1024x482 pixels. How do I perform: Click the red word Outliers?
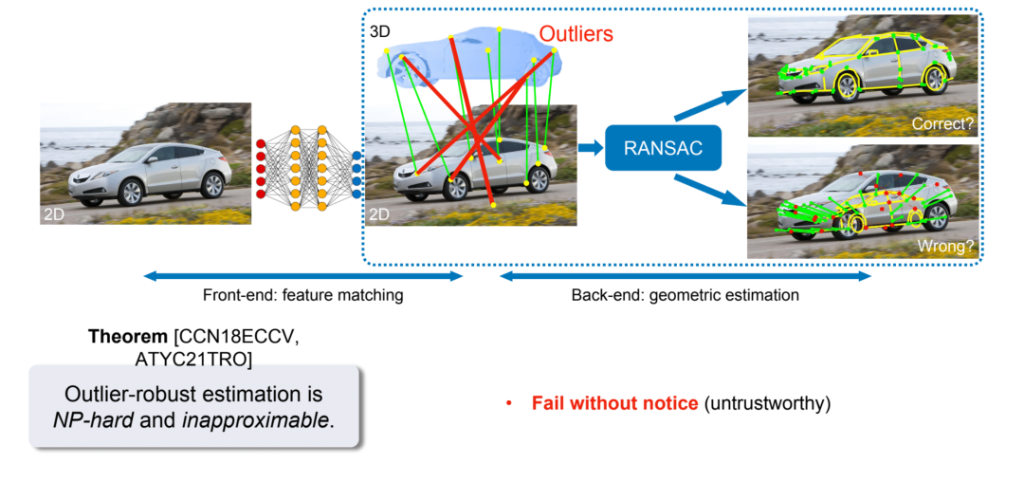pyautogui.click(x=576, y=34)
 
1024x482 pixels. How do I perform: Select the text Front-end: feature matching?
pyautogui.click(x=302, y=295)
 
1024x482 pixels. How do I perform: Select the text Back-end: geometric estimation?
pyautogui.click(x=685, y=295)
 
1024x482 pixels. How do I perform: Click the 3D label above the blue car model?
pyautogui.click(x=379, y=32)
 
